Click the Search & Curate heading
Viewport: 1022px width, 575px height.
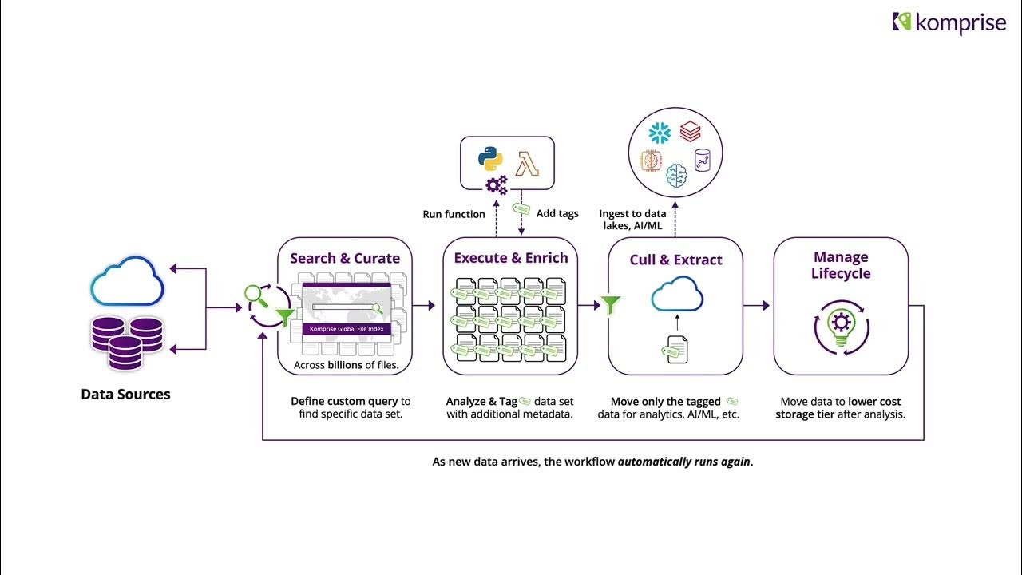tap(345, 258)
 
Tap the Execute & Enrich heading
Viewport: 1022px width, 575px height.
tap(511, 257)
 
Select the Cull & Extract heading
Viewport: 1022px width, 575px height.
tap(675, 260)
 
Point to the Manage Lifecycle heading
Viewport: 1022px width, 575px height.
tap(841, 265)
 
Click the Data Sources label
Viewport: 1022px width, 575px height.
tap(125, 394)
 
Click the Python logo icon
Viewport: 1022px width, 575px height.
tap(490, 157)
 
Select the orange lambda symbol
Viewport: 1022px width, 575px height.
tap(527, 162)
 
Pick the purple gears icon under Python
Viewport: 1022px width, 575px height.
tap(497, 185)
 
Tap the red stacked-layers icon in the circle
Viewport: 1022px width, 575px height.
tap(691, 131)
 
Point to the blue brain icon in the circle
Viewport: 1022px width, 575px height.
tap(676, 175)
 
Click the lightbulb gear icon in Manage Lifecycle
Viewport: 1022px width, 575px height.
tap(841, 326)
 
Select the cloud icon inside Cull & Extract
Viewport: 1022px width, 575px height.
tap(676, 295)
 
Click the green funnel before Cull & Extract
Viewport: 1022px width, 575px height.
tap(611, 304)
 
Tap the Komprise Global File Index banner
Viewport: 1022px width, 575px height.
tap(347, 328)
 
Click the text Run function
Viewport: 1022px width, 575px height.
tap(454, 214)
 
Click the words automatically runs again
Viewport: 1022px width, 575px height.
tap(683, 462)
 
